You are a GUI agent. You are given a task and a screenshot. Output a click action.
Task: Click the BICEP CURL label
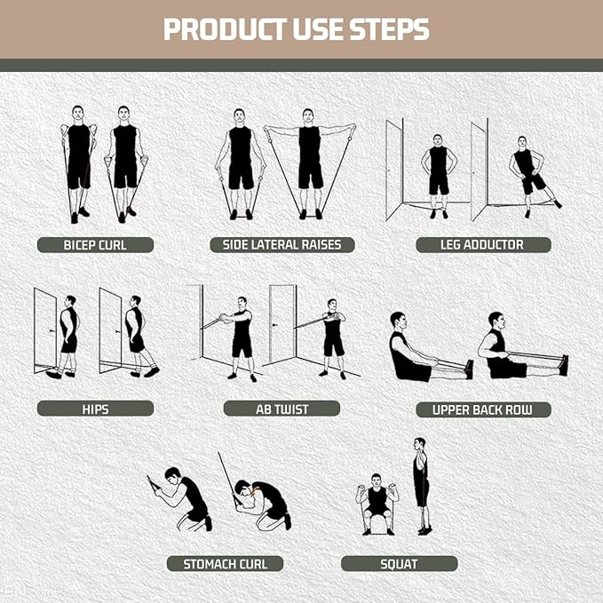click(x=95, y=244)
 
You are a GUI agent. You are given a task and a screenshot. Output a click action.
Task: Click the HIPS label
click(x=95, y=409)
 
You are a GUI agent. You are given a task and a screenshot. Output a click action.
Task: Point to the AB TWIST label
click(x=282, y=409)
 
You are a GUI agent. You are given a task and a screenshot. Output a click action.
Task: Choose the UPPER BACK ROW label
click(x=483, y=409)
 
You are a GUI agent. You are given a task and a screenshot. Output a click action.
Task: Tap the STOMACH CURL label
click(x=225, y=563)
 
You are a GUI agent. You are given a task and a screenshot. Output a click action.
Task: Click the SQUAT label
click(x=399, y=563)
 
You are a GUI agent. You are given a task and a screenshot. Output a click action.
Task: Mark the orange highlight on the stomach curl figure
click(x=255, y=490)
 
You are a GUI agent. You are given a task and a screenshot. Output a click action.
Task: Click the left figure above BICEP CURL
click(x=78, y=162)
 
